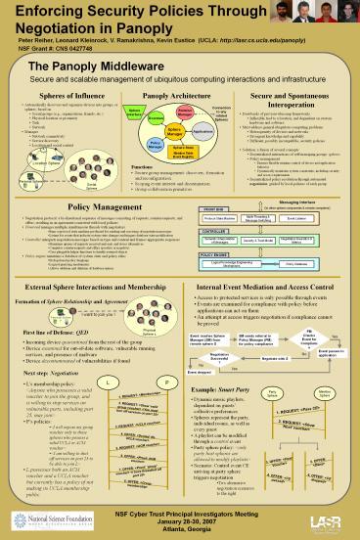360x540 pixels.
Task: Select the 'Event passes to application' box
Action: click(x=330, y=354)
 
